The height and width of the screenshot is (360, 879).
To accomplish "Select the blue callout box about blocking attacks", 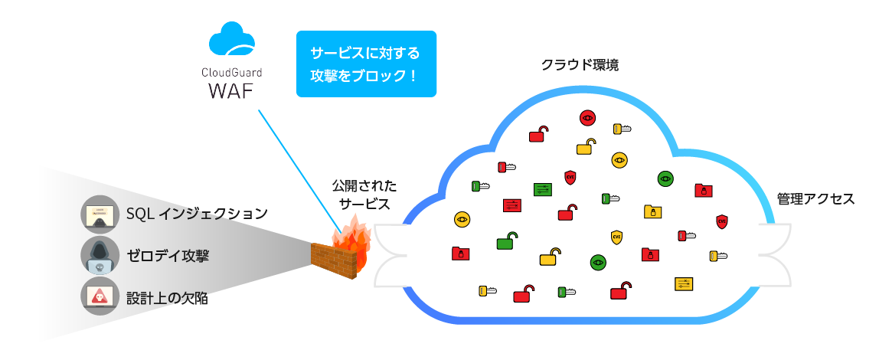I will tap(365, 64).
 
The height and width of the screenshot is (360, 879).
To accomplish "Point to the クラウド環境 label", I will tap(580, 65).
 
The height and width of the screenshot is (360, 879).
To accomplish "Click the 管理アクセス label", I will tap(815, 199).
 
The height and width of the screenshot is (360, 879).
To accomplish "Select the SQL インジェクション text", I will tap(197, 212).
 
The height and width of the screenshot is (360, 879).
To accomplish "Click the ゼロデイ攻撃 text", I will tap(166, 255).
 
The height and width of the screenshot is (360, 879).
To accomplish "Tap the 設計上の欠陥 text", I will tap(166, 297).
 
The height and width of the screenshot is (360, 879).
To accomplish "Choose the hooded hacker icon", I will tap(100, 256).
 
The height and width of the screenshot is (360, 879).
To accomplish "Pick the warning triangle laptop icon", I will tap(100, 297).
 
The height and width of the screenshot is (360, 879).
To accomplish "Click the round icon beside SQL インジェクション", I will tap(100, 214).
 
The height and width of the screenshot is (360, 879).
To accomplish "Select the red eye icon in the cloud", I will tap(587, 117).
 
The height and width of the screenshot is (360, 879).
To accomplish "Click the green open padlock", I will tap(506, 241).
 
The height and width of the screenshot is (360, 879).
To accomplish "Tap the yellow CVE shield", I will tap(616, 237).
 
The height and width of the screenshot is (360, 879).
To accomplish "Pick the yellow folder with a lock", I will tap(652, 211).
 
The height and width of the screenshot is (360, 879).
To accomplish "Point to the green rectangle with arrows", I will tap(542, 189).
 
